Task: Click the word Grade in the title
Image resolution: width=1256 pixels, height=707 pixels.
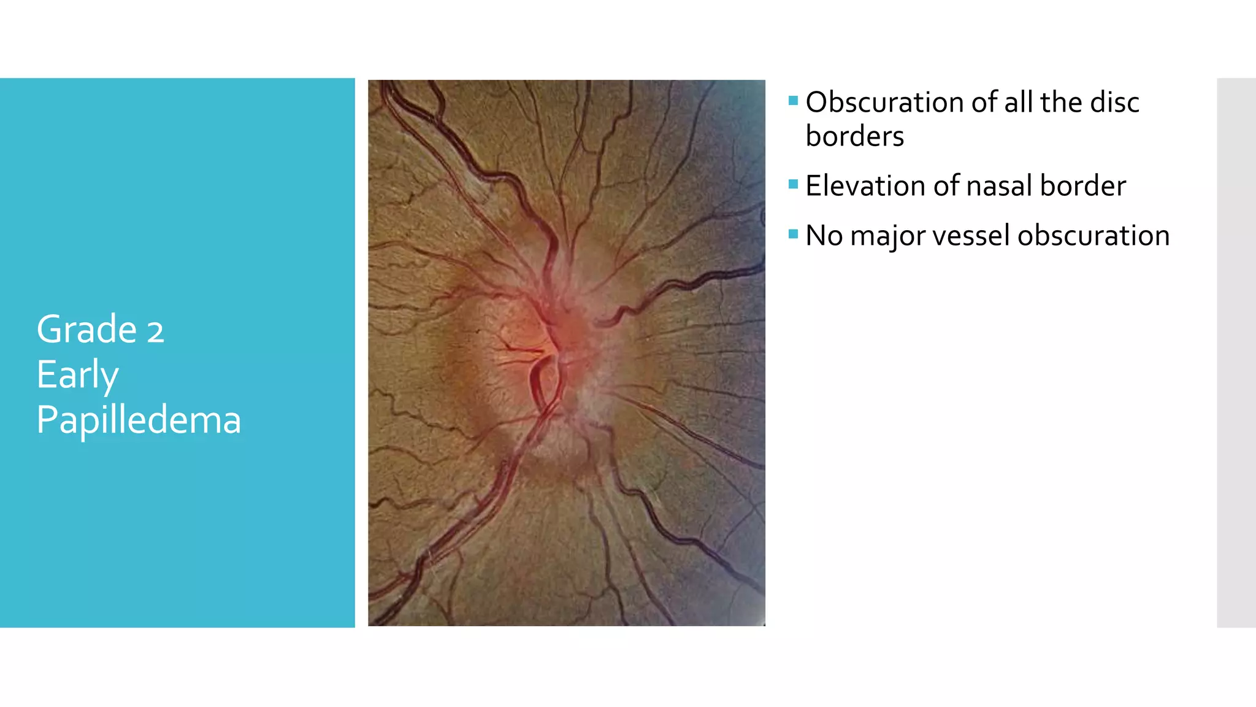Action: pos(86,330)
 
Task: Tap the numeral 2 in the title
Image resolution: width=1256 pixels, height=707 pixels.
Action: pos(155,331)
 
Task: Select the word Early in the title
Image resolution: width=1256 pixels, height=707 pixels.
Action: pos(77,375)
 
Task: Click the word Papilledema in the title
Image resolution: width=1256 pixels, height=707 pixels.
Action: pos(139,420)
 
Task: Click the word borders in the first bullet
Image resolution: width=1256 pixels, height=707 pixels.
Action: pos(854,136)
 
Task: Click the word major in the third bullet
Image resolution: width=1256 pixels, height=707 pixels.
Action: pos(887,236)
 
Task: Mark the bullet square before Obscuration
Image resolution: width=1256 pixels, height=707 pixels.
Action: pos(793,101)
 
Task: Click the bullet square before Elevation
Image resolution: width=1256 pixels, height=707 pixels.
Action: pos(793,184)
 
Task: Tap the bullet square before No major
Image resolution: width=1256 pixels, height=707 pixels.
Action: pos(793,234)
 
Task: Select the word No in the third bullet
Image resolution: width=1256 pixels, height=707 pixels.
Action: pos(824,236)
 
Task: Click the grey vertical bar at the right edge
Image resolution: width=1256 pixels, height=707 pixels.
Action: pos(1236,353)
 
